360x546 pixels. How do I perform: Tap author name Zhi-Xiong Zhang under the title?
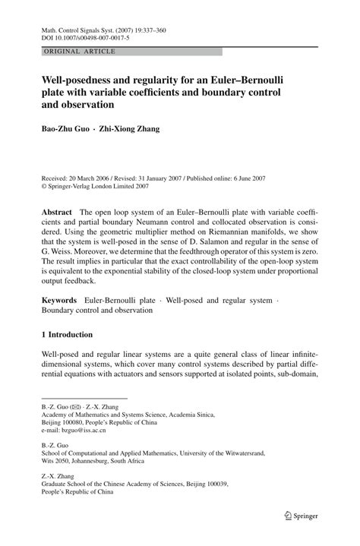pyautogui.click(x=133, y=129)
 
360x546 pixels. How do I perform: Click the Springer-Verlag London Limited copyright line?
pyautogui.click(x=103, y=184)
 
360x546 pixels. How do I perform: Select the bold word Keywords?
pyautogui.click(x=61, y=301)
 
